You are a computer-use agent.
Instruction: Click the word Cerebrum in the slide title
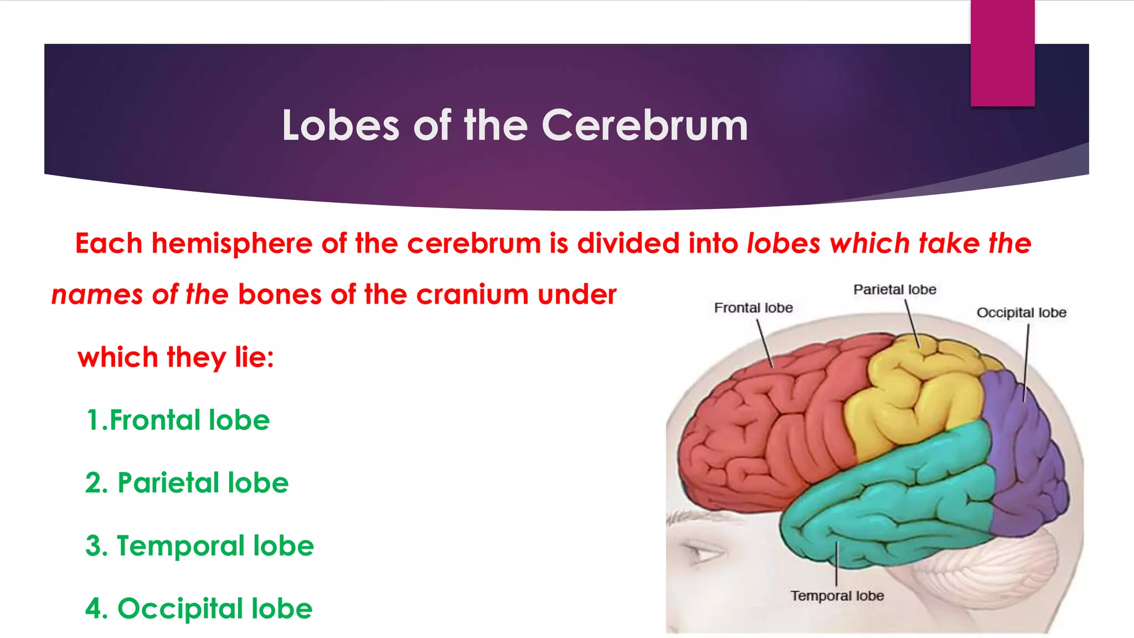[x=644, y=126]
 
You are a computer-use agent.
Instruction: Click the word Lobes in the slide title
[x=341, y=126]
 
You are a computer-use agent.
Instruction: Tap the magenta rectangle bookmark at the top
[x=1002, y=53]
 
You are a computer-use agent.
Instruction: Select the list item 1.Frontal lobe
[x=178, y=420]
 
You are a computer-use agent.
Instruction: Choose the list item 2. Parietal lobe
[x=187, y=483]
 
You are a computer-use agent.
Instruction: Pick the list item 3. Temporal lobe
[x=199, y=546]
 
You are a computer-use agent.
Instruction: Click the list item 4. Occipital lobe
[x=198, y=609]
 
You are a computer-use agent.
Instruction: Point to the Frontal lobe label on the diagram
[x=753, y=308]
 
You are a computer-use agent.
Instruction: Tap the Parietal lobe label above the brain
[x=894, y=290]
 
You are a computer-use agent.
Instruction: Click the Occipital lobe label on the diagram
[x=1021, y=313]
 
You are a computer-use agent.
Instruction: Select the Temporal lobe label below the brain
[x=837, y=596]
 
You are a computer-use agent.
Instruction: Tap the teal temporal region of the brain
[x=897, y=498]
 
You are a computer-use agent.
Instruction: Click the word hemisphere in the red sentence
[x=232, y=244]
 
